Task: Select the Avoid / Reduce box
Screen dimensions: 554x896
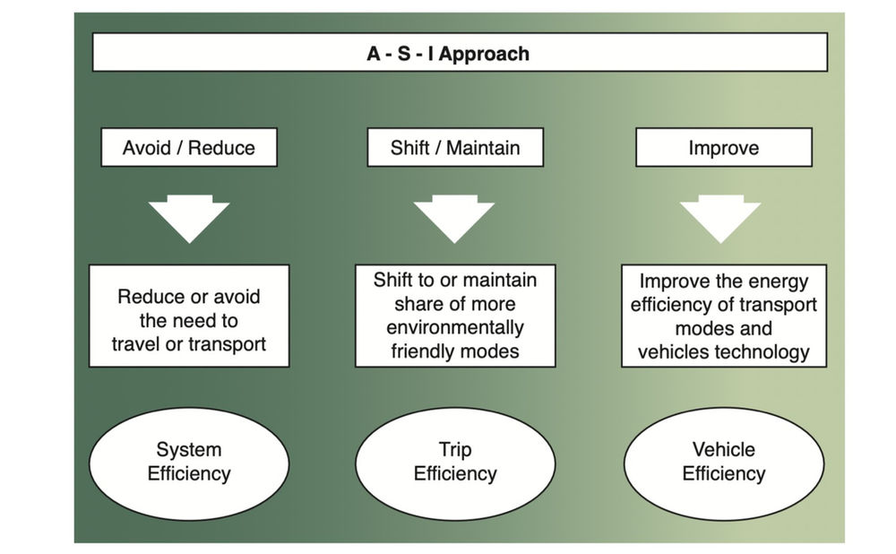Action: [x=189, y=147]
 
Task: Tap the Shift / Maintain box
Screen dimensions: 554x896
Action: [x=455, y=147]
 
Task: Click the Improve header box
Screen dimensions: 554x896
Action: [x=723, y=147]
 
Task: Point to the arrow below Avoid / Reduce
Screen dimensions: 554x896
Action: [x=189, y=218]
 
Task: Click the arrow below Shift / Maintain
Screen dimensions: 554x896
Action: [x=454, y=218]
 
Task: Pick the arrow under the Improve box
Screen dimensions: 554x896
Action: [x=720, y=218]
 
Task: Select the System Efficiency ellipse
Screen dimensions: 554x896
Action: [x=189, y=463]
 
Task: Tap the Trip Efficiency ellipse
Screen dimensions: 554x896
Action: [x=455, y=463]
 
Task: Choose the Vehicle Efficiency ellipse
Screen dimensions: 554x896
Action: [x=723, y=463]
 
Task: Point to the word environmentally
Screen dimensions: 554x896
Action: [x=455, y=327]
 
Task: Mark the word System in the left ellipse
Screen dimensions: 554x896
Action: [x=189, y=450]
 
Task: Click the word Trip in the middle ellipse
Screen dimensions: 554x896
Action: [x=455, y=450]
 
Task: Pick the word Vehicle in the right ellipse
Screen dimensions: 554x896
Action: [x=723, y=450]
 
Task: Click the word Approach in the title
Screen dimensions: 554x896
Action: [x=485, y=54]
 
